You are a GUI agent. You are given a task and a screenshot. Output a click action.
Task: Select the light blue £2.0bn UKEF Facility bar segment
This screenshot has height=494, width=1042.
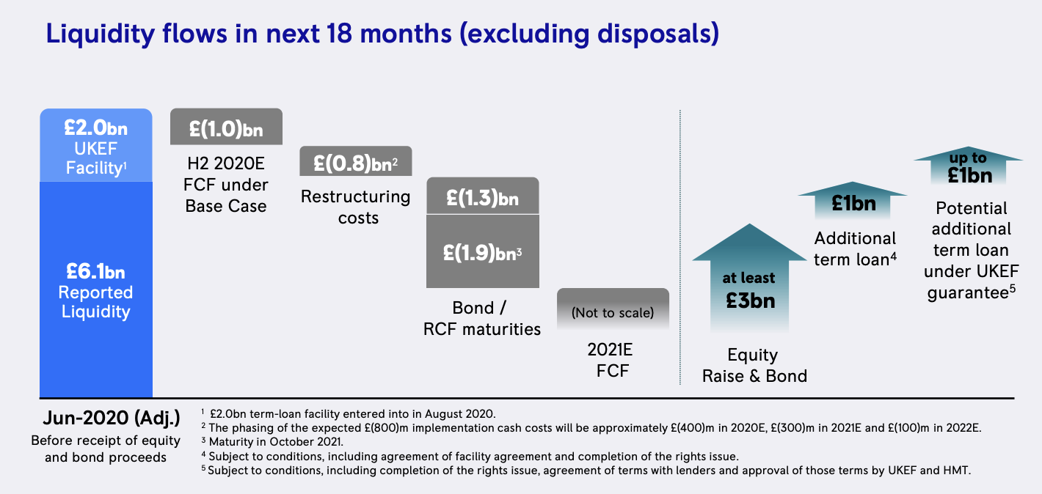[x=96, y=145]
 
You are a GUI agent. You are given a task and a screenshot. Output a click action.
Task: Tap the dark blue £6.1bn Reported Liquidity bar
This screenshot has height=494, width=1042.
[x=96, y=290]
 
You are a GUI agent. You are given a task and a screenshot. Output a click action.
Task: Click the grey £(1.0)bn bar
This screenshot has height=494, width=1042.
[x=226, y=127]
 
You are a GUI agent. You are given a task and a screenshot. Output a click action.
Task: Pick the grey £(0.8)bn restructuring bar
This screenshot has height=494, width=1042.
[x=355, y=161]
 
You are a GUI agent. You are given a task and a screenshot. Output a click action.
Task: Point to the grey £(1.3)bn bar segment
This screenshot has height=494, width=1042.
[x=483, y=196]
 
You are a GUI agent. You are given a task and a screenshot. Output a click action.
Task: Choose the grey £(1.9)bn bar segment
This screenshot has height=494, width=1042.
[x=483, y=251]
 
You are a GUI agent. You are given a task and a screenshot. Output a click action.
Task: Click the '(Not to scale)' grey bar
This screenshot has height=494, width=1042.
[x=613, y=309]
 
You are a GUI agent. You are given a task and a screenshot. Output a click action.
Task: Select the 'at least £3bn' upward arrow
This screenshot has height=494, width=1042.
[x=749, y=279]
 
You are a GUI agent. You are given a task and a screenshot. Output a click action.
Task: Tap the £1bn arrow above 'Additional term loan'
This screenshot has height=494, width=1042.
[x=853, y=201]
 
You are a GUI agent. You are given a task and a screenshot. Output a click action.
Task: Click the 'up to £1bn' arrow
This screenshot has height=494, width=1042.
[x=969, y=166]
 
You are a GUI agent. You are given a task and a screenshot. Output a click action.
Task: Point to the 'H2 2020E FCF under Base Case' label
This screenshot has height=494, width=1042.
[x=226, y=185]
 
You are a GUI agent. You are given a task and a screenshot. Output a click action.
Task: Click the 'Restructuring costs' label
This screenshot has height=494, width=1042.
[x=356, y=207]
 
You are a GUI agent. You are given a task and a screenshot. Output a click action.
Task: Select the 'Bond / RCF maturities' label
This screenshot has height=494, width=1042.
[x=482, y=318]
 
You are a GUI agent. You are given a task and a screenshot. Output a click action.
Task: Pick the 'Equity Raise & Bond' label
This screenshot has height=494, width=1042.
[x=754, y=365]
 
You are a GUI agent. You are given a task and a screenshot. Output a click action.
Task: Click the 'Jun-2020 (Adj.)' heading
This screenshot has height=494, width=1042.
[x=112, y=419]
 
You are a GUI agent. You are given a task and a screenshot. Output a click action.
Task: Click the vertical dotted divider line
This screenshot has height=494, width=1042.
[x=680, y=247]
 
